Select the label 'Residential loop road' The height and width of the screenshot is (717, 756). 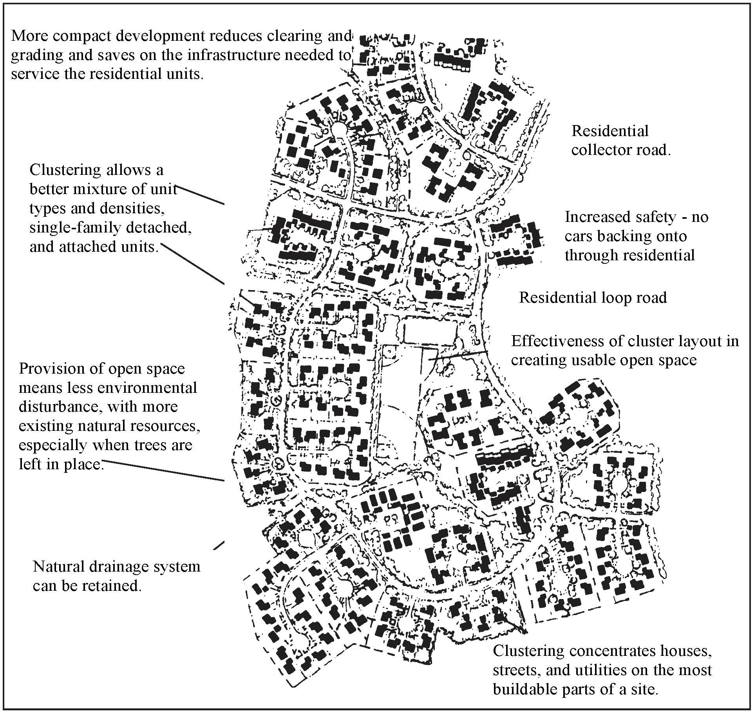[x=593, y=298]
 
